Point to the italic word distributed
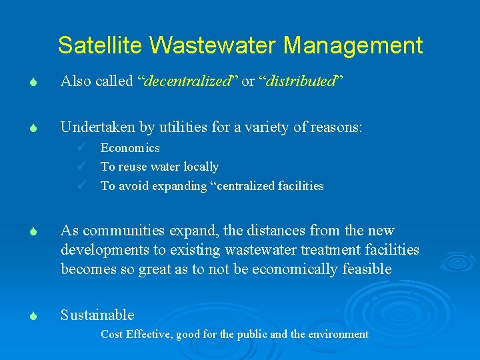point(297,82)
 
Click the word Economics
point(130,148)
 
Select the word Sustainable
point(97,315)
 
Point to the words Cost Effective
point(137,334)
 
